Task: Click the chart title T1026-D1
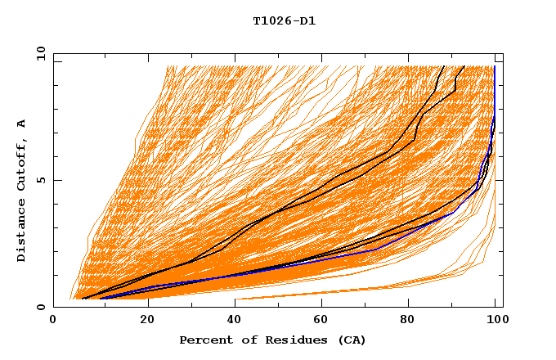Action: click(284, 21)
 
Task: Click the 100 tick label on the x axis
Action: click(495, 322)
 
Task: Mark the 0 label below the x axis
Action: click(54, 322)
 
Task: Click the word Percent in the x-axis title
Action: click(204, 340)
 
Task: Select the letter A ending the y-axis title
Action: click(22, 124)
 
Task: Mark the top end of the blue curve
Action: click(494, 67)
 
